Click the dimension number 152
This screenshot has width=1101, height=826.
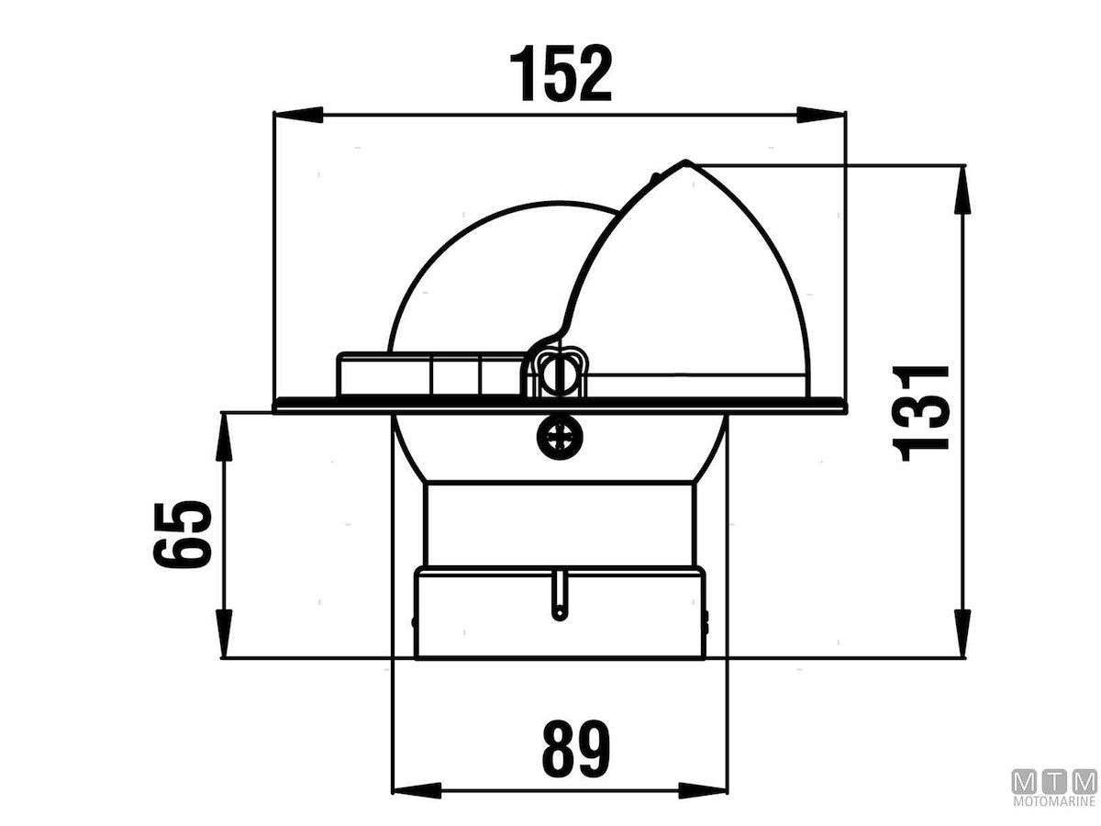click(x=561, y=73)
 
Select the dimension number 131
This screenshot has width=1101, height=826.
click(x=921, y=413)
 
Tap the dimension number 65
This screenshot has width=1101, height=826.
click(x=183, y=534)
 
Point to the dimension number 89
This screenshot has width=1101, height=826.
click(x=576, y=749)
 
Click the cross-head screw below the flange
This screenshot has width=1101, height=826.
click(x=561, y=440)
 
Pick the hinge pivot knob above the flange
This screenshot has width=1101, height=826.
click(x=560, y=374)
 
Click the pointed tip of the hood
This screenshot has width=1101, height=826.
click(x=686, y=162)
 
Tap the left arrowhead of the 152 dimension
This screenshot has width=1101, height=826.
click(x=299, y=115)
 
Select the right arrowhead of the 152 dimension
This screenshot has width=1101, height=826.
click(x=820, y=115)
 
